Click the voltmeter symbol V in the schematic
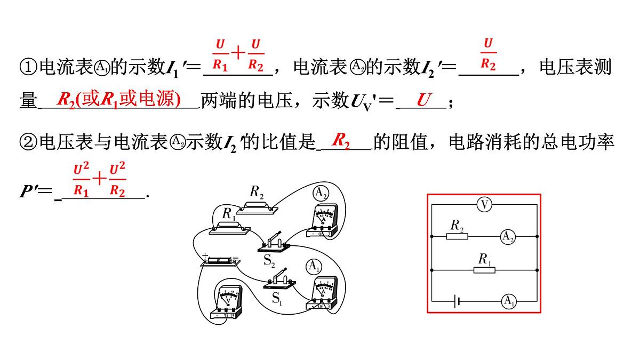pyautogui.click(x=484, y=205)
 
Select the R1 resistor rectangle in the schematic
pyautogui.click(x=484, y=270)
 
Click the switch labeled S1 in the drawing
pyautogui.click(x=279, y=281)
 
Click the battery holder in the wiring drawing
pyautogui.click(x=220, y=261)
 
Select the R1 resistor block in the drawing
pyautogui.click(x=230, y=228)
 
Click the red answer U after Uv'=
pyautogui.click(x=423, y=100)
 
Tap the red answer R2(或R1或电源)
pyautogui.click(x=118, y=100)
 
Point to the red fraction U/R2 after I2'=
pyautogui.click(x=488, y=54)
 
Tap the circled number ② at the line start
pyautogui.click(x=27, y=141)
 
